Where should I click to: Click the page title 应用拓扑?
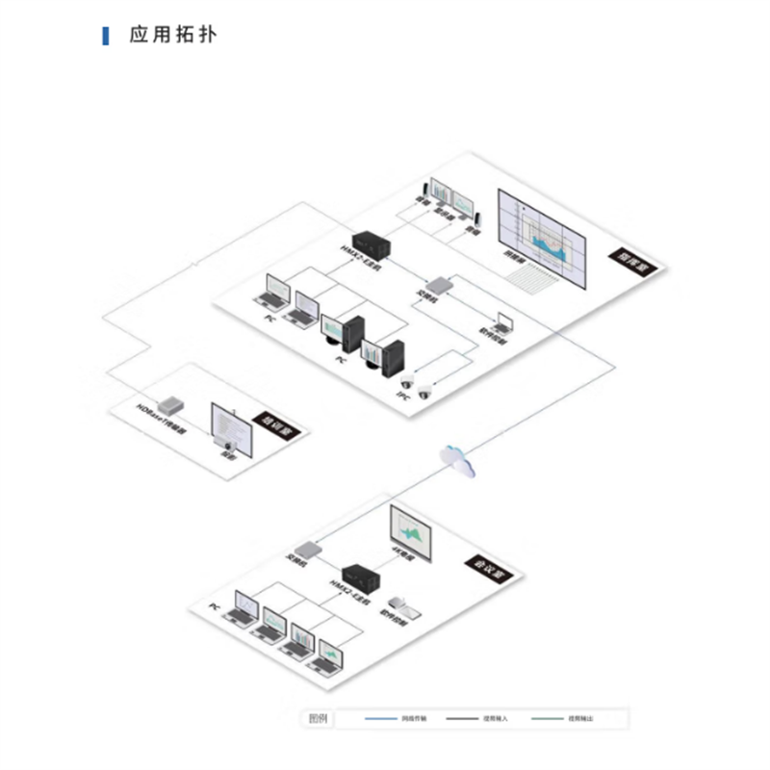173,37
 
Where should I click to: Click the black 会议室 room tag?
488,570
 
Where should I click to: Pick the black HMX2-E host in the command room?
368,244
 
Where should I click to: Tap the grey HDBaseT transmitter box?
173,402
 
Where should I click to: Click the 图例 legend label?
319,718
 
